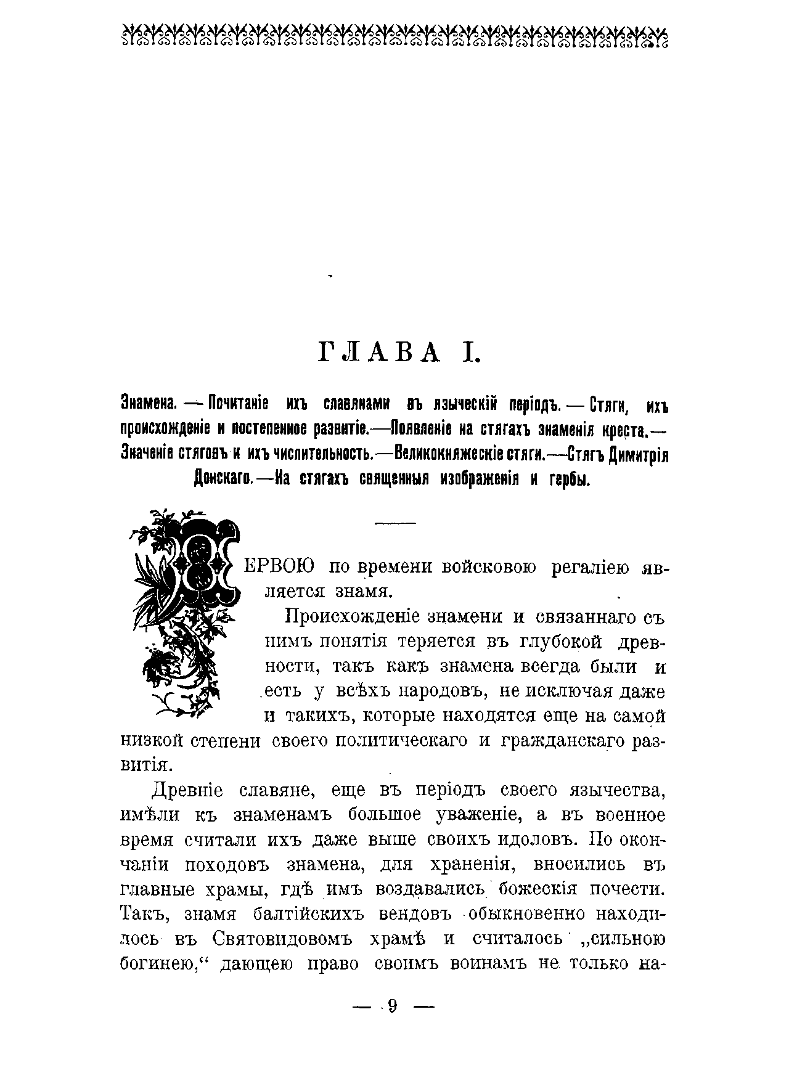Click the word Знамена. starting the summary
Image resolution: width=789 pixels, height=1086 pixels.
pyautogui.click(x=149, y=405)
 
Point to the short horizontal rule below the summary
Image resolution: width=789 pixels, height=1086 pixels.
pyautogui.click(x=395, y=523)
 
